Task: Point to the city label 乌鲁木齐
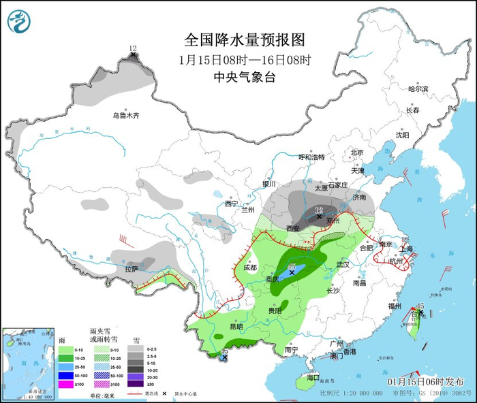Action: click(x=126, y=116)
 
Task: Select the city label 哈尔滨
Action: click(x=418, y=89)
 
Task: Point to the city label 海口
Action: click(x=313, y=376)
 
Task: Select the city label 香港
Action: click(x=350, y=352)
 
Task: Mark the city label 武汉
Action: click(x=342, y=264)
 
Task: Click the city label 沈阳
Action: click(x=402, y=135)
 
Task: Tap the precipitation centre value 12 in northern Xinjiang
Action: click(x=133, y=48)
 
